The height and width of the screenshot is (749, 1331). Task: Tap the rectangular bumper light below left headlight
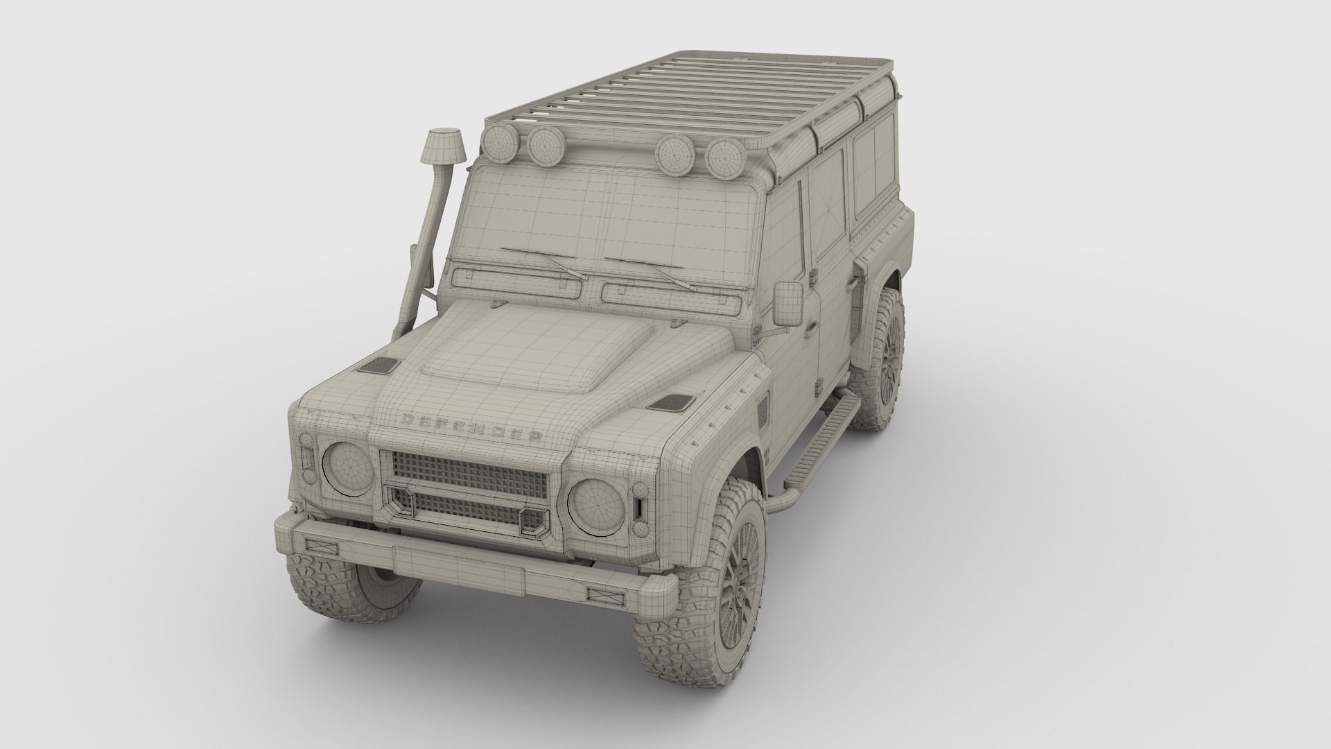point(320,546)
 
